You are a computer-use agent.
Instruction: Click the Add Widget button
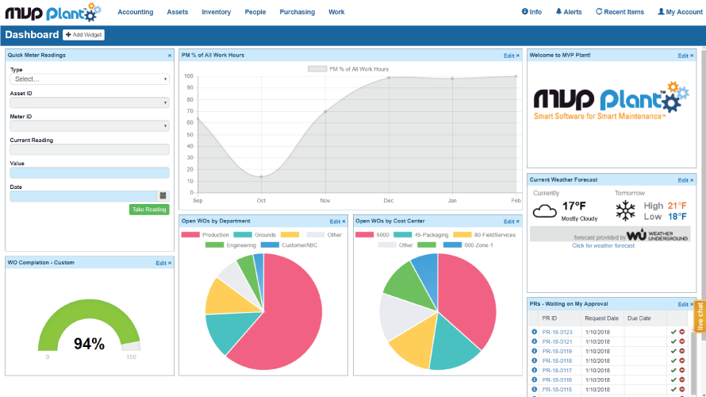coord(83,35)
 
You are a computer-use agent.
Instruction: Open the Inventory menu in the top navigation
coord(216,12)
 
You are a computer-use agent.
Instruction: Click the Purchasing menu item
coord(297,12)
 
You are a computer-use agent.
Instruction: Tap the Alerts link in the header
coord(568,12)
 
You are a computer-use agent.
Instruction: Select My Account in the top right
coord(680,12)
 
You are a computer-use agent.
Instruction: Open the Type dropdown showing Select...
coord(90,79)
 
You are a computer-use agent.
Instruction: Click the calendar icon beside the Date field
coord(163,195)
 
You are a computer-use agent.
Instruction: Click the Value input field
coord(90,172)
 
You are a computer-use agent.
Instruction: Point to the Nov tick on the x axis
coord(324,200)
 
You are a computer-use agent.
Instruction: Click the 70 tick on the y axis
coord(190,111)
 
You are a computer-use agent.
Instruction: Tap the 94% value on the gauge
coord(89,344)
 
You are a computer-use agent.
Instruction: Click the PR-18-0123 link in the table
coord(556,332)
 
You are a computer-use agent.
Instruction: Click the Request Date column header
coord(602,318)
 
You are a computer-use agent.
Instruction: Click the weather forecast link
coord(603,246)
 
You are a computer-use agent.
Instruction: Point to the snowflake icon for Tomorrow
coord(627,210)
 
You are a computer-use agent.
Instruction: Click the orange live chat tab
coord(700,316)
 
